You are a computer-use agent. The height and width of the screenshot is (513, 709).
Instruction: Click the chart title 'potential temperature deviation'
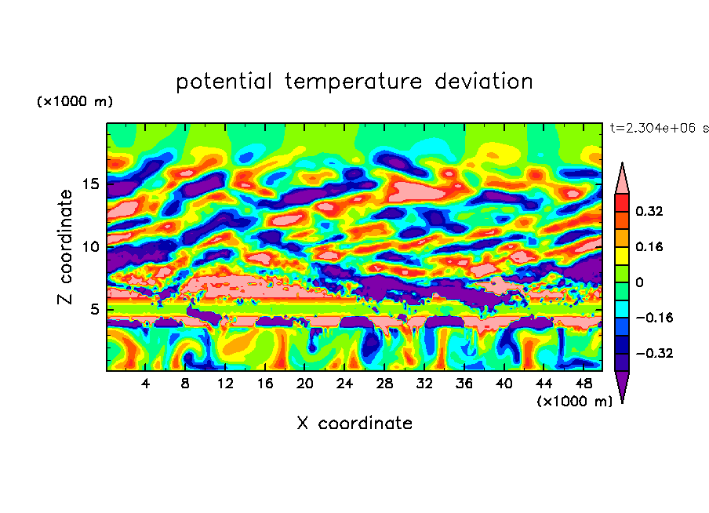[354, 82]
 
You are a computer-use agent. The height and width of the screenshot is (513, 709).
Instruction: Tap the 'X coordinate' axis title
[354, 424]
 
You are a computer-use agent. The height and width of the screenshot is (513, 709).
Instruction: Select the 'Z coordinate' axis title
[66, 247]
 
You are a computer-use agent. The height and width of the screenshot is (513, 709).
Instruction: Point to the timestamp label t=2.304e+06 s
[659, 128]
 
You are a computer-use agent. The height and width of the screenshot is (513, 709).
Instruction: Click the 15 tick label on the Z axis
[89, 184]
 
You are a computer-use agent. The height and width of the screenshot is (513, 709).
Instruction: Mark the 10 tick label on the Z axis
[89, 247]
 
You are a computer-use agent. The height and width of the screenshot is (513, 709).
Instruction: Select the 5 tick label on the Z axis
[93, 309]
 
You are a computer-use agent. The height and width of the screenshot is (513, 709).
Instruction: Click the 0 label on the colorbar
[638, 282]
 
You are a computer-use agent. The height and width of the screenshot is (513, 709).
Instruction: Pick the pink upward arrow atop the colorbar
[622, 179]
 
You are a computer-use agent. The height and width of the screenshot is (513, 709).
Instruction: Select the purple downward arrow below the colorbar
[622, 386]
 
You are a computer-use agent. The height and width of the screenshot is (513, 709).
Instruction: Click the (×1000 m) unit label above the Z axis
[75, 102]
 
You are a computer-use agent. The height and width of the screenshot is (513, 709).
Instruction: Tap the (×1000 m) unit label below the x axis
[574, 402]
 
